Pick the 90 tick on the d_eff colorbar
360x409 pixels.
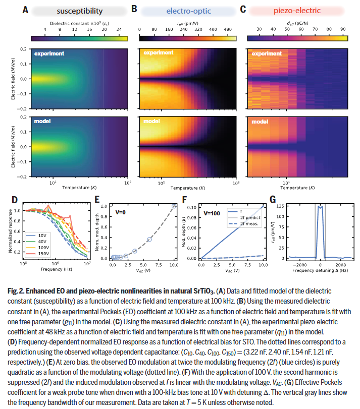click(x=342, y=29)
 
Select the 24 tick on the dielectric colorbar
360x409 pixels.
click(x=119, y=29)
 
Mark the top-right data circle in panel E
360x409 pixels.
click(x=174, y=205)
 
